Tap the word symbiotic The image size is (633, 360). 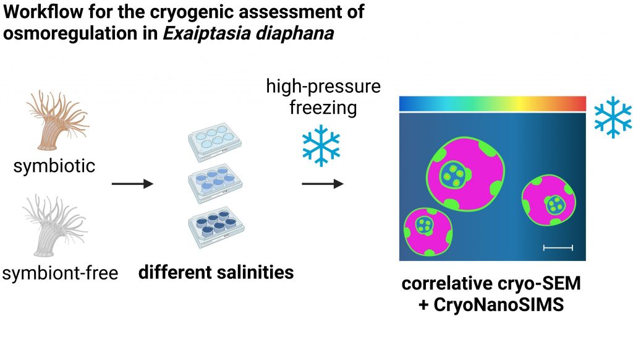(x=54, y=165)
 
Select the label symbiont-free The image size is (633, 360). (x=60, y=273)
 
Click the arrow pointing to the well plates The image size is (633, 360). (x=132, y=184)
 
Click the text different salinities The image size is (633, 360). (x=215, y=272)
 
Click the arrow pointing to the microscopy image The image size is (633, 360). (x=322, y=184)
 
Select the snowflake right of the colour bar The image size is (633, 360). (x=613, y=117)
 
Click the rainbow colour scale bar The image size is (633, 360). (x=492, y=103)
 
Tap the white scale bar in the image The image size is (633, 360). (x=558, y=247)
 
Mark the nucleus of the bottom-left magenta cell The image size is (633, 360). (x=425, y=225)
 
